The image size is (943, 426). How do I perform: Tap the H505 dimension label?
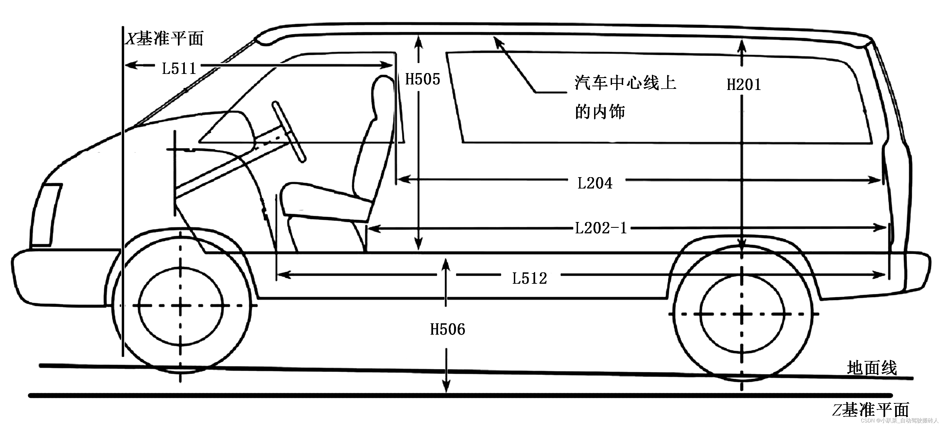[423, 79]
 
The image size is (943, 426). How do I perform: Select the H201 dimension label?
[743, 85]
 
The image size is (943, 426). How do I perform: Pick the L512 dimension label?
[529, 278]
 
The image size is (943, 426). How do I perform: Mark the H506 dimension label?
[447, 329]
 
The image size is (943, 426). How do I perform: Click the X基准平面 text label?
[164, 38]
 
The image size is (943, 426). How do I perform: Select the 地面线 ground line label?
[872, 368]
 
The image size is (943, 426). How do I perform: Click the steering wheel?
[289, 131]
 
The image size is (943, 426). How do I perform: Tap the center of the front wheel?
[180, 305]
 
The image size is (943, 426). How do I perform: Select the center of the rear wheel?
[742, 314]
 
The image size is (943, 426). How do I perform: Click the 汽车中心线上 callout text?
[625, 83]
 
